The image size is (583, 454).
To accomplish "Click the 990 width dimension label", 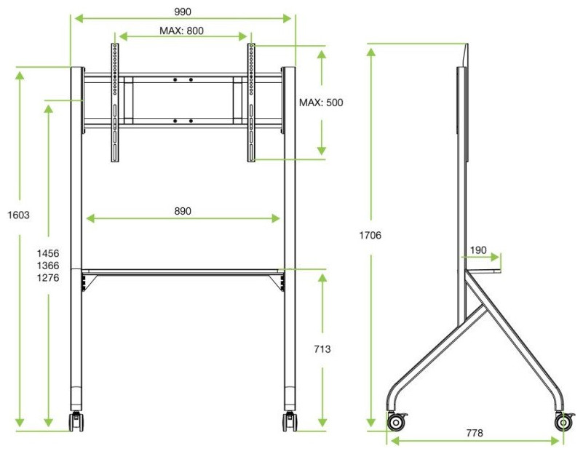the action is click(x=183, y=12).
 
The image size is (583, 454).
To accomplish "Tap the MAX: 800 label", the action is click(x=181, y=31).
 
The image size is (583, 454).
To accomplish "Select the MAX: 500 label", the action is click(x=321, y=103).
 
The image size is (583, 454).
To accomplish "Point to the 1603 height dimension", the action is click(x=19, y=215).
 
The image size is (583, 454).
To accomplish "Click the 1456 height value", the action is click(x=48, y=253).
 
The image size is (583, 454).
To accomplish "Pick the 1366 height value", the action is click(x=48, y=266).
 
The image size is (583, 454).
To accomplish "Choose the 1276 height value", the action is click(x=48, y=278).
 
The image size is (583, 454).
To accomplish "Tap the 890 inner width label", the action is click(x=183, y=211).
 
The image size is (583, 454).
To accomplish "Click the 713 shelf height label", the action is click(x=322, y=349).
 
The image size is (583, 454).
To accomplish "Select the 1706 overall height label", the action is click(x=370, y=235).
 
